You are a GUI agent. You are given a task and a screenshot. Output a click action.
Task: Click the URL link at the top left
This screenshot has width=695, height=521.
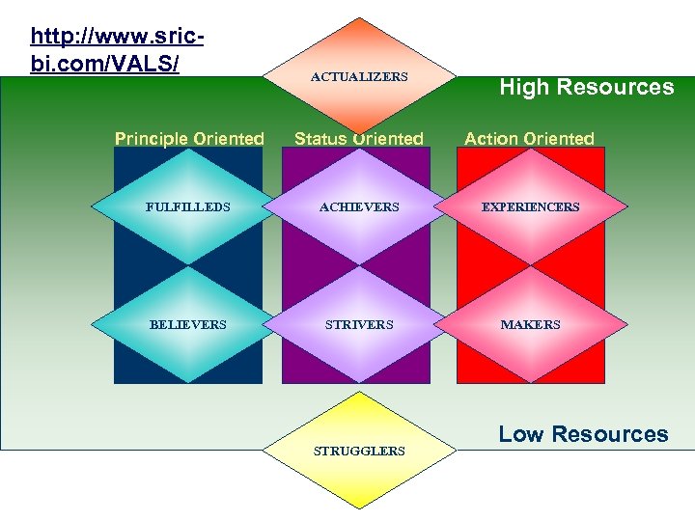(x=117, y=50)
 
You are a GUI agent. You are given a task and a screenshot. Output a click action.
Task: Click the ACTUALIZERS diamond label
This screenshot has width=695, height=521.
(x=359, y=76)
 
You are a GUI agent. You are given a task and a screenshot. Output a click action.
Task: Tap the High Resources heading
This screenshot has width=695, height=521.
(x=586, y=87)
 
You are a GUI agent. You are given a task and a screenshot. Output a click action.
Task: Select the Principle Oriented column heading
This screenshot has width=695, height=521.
(x=189, y=138)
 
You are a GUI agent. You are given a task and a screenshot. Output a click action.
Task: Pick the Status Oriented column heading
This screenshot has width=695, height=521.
(x=358, y=138)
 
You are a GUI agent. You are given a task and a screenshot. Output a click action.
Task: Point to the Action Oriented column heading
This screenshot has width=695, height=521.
(x=529, y=138)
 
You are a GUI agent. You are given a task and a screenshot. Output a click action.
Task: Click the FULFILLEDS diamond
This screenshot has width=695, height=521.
(x=188, y=206)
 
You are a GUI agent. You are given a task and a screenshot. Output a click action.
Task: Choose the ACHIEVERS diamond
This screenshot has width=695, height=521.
(x=359, y=206)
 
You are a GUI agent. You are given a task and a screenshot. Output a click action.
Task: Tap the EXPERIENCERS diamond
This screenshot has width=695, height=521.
(x=530, y=206)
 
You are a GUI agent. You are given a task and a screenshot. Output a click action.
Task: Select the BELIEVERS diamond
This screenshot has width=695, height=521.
(x=188, y=324)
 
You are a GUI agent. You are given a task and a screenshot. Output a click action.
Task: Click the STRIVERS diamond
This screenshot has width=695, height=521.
(x=359, y=324)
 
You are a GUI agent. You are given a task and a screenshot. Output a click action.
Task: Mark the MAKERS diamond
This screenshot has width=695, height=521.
(x=530, y=324)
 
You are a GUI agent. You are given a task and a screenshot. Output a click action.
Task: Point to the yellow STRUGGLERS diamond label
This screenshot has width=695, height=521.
(x=359, y=451)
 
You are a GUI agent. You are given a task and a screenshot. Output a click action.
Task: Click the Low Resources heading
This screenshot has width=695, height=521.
(x=583, y=434)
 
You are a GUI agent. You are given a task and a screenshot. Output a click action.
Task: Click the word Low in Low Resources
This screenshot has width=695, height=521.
(x=519, y=434)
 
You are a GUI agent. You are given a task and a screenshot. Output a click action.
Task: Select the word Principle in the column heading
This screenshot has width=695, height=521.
(x=151, y=138)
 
